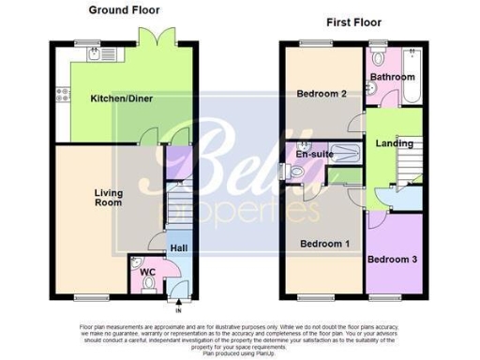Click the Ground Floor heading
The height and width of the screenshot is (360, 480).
pos(124,10)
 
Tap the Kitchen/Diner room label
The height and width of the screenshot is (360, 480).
pos(123,98)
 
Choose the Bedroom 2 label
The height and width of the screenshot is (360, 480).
pos(322,94)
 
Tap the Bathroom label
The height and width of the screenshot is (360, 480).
pos(392,77)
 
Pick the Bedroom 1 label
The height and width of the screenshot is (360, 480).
pos(324,245)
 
